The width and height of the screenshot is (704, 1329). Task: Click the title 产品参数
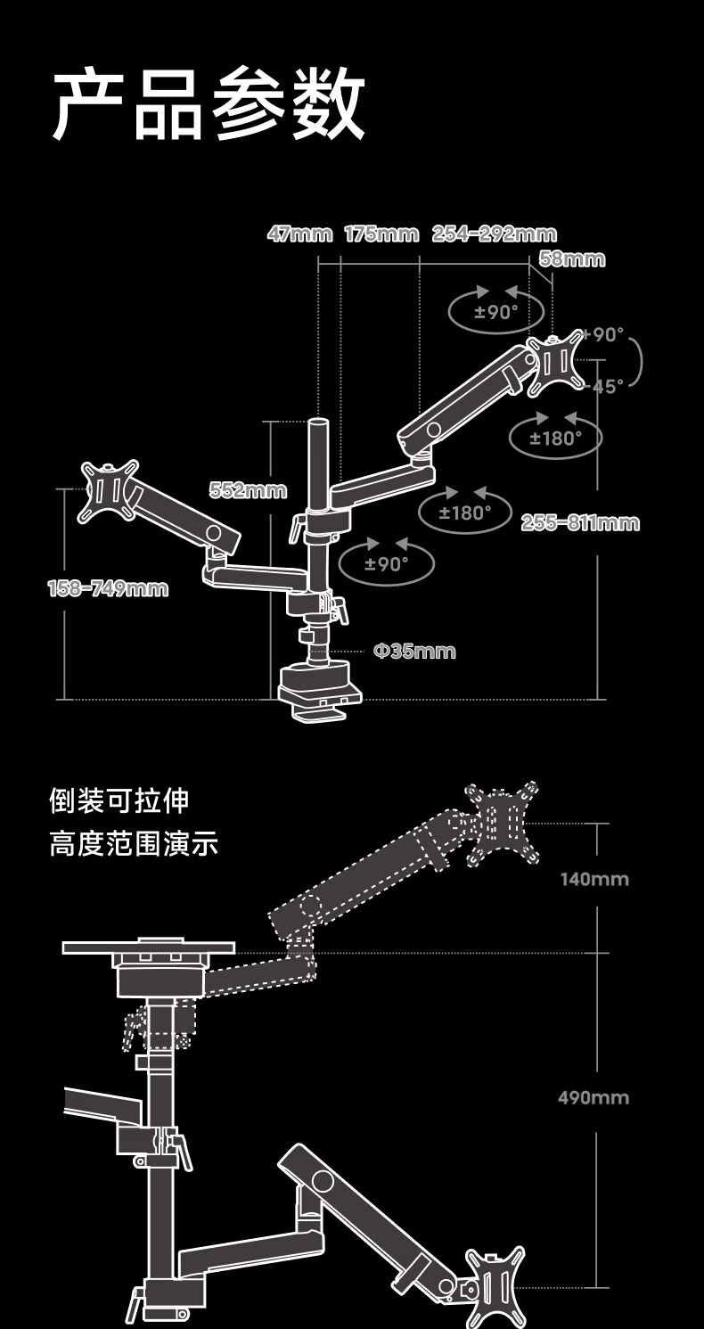pyautogui.click(x=209, y=105)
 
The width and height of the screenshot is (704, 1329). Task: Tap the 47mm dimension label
pyautogui.click(x=299, y=234)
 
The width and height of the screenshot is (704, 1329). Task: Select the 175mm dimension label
pyautogui.click(x=381, y=234)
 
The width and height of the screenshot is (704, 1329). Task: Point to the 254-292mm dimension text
pyautogui.click(x=494, y=234)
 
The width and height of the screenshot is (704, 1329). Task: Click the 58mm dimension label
pyautogui.click(x=572, y=259)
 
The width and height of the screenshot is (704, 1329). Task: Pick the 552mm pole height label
pyautogui.click(x=248, y=489)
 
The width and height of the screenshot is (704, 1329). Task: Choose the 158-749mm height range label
pyautogui.click(x=107, y=588)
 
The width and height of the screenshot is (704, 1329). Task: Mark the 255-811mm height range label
pyautogui.click(x=579, y=523)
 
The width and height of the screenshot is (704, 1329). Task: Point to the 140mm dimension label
pyautogui.click(x=593, y=880)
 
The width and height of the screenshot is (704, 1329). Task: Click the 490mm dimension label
pyautogui.click(x=593, y=1097)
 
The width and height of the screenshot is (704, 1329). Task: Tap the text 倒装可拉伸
pyautogui.click(x=119, y=800)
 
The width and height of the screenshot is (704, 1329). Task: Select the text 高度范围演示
pyautogui.click(x=134, y=843)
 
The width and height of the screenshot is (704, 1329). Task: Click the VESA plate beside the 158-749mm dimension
pyautogui.click(x=109, y=490)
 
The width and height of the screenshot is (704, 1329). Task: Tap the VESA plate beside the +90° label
pyautogui.click(x=556, y=363)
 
